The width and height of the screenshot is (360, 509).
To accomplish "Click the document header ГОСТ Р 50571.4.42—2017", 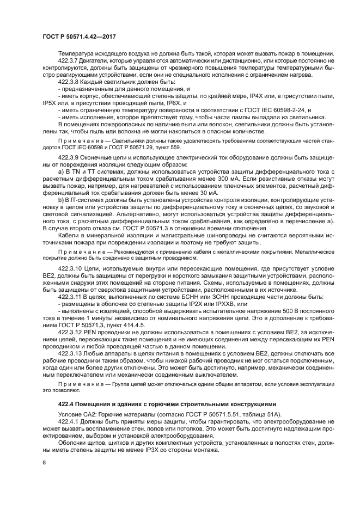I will (x=78, y=38).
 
